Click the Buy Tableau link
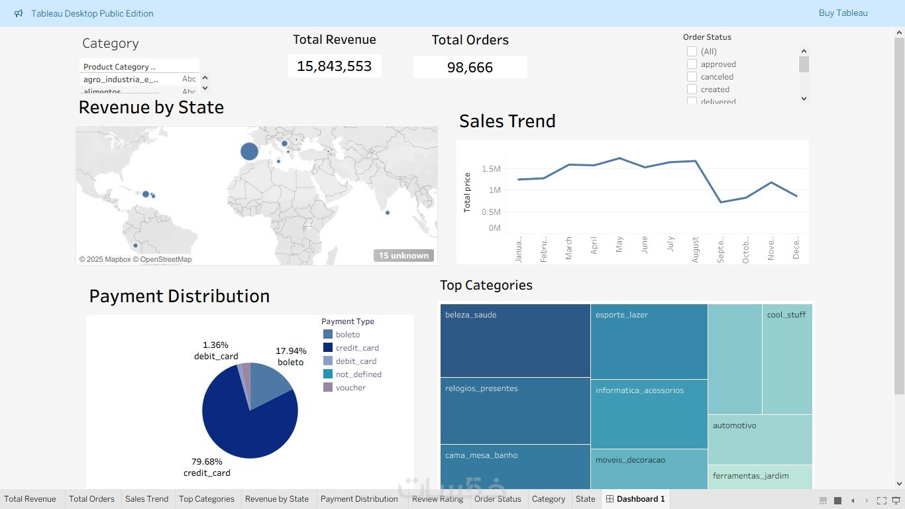coord(843,13)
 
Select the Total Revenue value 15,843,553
coord(335,66)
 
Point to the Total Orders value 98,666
coord(470,68)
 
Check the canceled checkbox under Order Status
coord(692,77)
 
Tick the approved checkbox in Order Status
coord(692,64)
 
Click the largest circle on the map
coord(249,152)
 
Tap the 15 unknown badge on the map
coord(403,256)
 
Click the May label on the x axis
coord(619,245)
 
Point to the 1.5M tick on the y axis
coord(491,169)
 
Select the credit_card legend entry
coord(357,348)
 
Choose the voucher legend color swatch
coord(328,388)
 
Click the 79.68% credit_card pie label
coord(206,467)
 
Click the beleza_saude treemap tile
coord(515,341)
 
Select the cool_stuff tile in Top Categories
coord(786,359)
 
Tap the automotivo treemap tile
coord(759,439)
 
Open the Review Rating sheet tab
coord(437,499)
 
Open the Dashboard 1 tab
coord(635,499)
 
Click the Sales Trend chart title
coord(507,121)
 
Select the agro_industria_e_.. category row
coord(121,80)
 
